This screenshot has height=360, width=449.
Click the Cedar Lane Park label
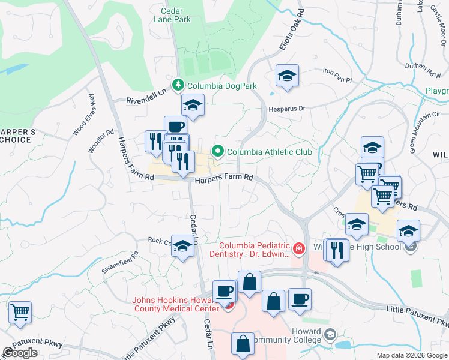click(172, 15)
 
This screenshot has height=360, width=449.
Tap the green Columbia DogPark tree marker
click(177, 86)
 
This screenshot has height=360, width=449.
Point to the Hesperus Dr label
click(290, 109)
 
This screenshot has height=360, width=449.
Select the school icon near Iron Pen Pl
click(287, 76)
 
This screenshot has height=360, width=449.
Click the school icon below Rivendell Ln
click(193, 105)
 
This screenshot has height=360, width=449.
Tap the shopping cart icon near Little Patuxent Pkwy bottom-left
click(20, 312)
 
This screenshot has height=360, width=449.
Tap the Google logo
click(20, 353)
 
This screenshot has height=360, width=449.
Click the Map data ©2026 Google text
click(411, 355)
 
